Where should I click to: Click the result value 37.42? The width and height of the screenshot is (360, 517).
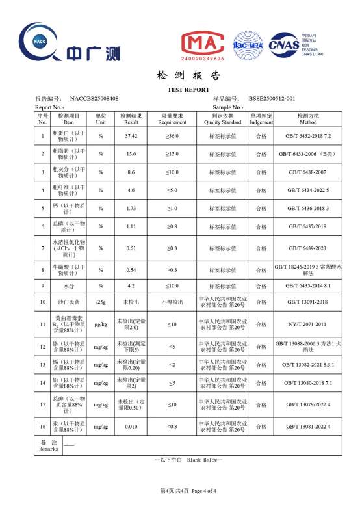[x=131, y=136]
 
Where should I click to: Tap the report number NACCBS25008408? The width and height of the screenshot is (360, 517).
[x=94, y=98]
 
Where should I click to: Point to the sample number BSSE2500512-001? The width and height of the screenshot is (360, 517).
[x=276, y=98]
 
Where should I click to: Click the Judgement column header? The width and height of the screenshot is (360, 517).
[x=261, y=118]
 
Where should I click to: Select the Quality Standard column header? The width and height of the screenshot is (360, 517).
[x=222, y=118]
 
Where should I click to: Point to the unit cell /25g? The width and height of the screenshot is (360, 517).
[x=101, y=302]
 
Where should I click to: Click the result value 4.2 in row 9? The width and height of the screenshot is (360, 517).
[x=131, y=285]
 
